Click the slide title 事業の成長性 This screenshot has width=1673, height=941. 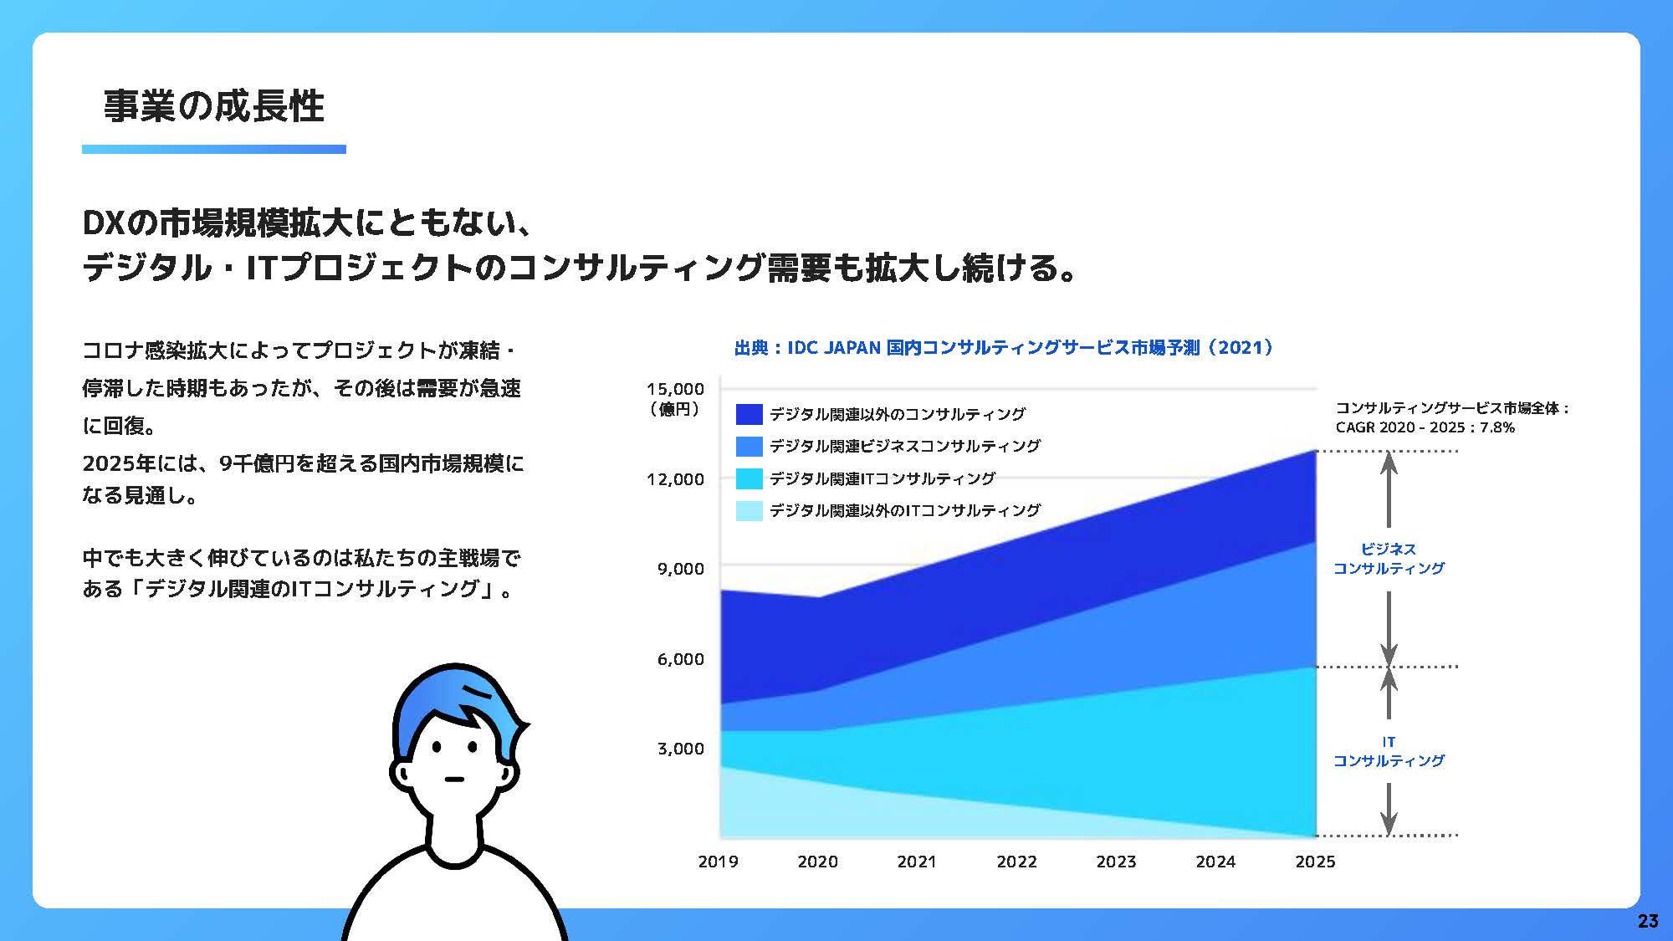tap(214, 106)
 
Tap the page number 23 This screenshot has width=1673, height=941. tap(1647, 921)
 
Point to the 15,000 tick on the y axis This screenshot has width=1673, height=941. tap(676, 389)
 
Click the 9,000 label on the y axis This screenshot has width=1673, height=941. tap(681, 569)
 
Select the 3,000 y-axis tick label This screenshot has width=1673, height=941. tap(681, 749)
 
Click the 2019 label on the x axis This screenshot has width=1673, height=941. tap(719, 862)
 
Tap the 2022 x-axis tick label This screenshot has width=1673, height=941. tap(1017, 862)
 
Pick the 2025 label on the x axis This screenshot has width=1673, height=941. tap(1316, 862)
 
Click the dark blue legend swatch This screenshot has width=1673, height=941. tap(750, 414)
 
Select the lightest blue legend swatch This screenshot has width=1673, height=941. tap(750, 510)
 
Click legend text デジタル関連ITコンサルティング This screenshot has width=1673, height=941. tap(883, 478)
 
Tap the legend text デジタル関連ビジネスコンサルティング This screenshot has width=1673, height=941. tap(905, 446)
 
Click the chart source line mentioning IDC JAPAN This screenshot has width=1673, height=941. tap(1004, 347)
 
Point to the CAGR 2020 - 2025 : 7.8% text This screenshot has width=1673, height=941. tap(1425, 427)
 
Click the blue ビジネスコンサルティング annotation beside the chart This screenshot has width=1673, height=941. tap(1389, 559)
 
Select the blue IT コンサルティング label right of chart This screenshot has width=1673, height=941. tap(1389, 751)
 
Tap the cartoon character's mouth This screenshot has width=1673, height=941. tap(454, 780)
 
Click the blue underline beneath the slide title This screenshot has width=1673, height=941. tap(214, 150)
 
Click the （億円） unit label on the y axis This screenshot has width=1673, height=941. tap(675, 410)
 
